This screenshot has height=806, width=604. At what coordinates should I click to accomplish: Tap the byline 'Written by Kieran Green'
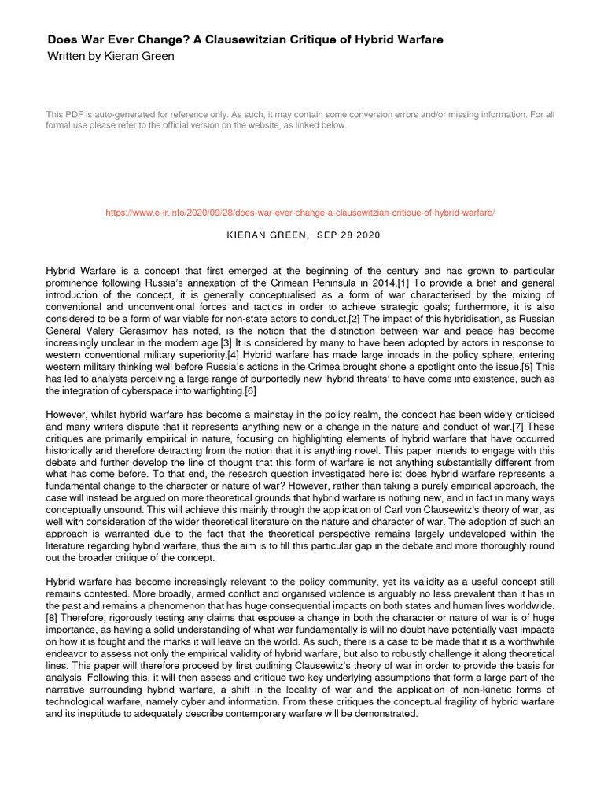point(111,56)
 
